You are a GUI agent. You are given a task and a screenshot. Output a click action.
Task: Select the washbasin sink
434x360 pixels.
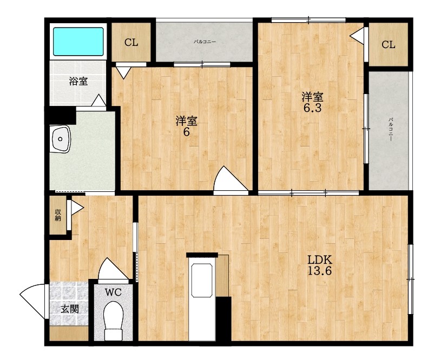[x=61, y=139]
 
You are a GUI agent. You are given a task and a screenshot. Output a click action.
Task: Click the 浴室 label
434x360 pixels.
[x=78, y=81]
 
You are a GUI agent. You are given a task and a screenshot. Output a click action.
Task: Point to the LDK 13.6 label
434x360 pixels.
[x=320, y=265]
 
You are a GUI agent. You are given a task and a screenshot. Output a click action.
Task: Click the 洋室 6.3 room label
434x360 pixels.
[x=312, y=102]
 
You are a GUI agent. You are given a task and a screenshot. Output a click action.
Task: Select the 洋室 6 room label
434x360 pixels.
[x=186, y=126]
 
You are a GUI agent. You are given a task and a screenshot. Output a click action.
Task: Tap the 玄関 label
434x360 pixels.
[x=70, y=309]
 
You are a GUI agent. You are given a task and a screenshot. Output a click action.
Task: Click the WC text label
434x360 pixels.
[x=113, y=292]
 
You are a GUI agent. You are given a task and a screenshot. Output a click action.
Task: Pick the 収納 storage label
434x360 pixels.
[x=58, y=215]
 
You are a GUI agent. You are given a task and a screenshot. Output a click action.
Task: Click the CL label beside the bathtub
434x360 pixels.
[x=131, y=42]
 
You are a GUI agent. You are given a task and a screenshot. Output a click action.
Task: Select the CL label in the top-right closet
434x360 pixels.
[x=389, y=44]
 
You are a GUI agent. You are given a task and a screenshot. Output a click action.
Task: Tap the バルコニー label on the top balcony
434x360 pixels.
[x=204, y=42]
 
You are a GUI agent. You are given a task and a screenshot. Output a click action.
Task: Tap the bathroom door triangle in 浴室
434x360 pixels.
[x=98, y=101]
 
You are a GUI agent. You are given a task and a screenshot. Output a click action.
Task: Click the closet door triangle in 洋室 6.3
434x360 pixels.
[x=357, y=35]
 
